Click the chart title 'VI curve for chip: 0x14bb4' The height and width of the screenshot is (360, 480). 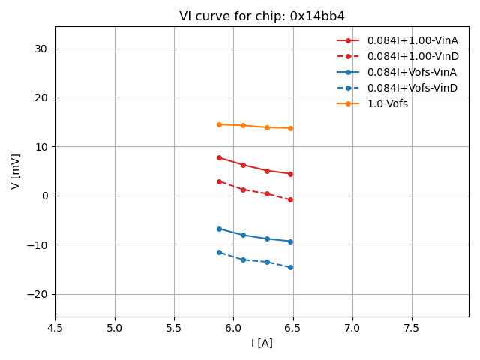(x=262, y=16)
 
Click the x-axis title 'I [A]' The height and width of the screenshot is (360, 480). (x=262, y=343)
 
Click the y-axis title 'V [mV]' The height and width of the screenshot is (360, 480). (x=16, y=171)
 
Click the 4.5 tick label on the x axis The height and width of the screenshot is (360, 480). (x=55, y=328)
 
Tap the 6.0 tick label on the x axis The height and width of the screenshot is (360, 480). (x=233, y=328)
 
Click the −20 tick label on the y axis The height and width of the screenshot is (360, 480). (x=37, y=294)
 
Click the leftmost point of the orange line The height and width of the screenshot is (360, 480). (x=219, y=124)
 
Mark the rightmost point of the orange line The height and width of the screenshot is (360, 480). (x=290, y=128)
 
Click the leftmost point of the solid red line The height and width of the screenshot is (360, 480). (x=219, y=157)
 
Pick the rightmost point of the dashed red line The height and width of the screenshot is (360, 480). (x=290, y=199)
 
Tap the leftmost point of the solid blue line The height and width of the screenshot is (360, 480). (x=219, y=229)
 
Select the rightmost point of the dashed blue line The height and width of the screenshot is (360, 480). (x=290, y=267)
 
